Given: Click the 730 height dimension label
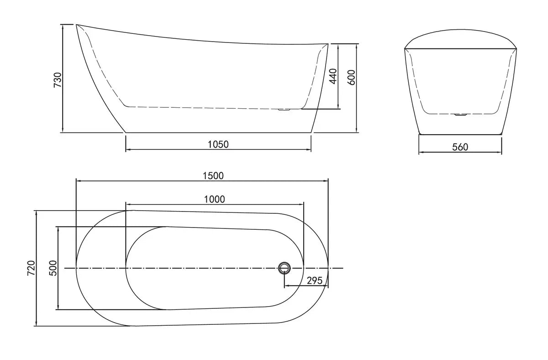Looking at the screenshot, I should click(x=58, y=79).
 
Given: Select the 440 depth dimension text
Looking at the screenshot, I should click(x=333, y=76).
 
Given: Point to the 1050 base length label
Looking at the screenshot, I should click(x=218, y=144).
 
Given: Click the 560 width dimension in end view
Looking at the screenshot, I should click(x=460, y=147).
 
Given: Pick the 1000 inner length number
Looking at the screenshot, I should click(x=215, y=199).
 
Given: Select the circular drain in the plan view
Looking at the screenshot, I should click(x=284, y=268).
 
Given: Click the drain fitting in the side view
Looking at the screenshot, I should click(x=284, y=109).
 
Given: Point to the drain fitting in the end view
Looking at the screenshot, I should click(x=460, y=114).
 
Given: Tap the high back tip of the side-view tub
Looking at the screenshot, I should click(x=76, y=25).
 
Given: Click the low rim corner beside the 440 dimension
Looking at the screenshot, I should click(x=328, y=44).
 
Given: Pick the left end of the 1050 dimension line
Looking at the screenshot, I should click(x=126, y=149).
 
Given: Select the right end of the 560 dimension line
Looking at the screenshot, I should click(x=501, y=152).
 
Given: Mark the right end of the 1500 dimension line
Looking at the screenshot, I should click(x=328, y=181).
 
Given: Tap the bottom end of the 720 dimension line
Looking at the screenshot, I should click(x=37, y=326).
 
